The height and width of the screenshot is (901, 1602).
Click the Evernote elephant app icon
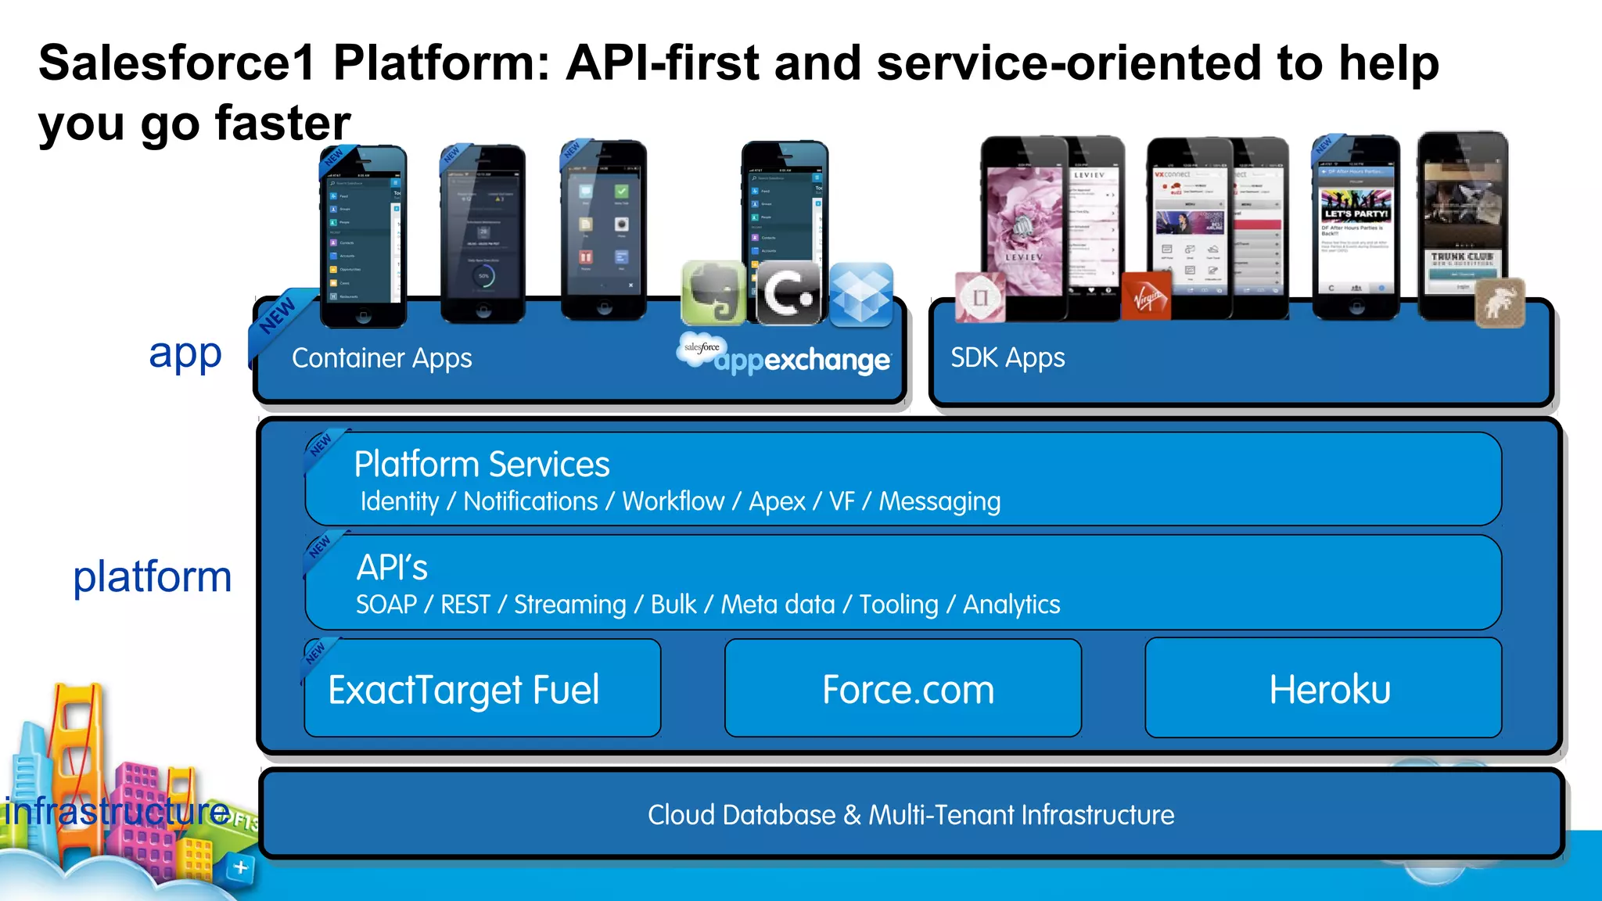[x=713, y=293]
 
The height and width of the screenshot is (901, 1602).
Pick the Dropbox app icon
[x=860, y=295]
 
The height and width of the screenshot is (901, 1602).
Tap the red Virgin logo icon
[x=1146, y=296]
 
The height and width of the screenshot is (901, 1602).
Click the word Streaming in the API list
[x=569, y=605]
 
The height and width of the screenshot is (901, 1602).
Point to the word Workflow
[x=673, y=501]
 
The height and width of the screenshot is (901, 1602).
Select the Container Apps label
[x=382, y=358]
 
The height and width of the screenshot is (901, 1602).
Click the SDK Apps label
[x=1008, y=357]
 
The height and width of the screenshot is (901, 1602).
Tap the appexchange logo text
[x=801, y=361]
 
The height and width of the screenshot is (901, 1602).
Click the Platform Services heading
[x=481, y=465]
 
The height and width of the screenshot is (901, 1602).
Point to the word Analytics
[x=1011, y=605]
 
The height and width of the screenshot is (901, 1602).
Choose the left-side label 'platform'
[x=153, y=577]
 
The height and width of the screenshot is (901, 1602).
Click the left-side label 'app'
[x=185, y=354]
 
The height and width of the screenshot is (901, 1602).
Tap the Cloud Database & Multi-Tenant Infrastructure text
[x=911, y=815]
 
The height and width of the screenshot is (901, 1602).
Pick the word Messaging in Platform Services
[x=939, y=501]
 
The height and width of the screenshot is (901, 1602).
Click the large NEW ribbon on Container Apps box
[x=278, y=317]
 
